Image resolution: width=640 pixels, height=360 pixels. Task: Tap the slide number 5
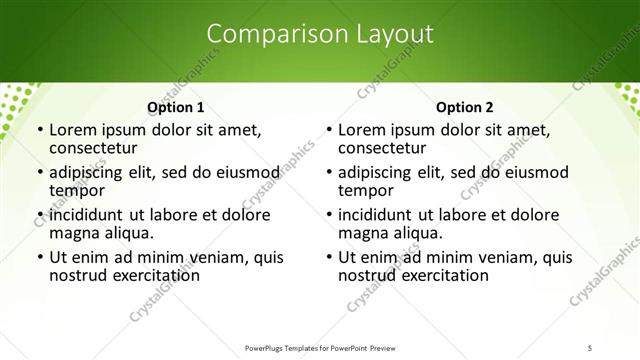(590, 348)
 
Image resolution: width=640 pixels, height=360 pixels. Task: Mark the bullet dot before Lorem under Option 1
(39, 131)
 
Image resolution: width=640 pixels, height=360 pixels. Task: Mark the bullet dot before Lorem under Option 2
(329, 131)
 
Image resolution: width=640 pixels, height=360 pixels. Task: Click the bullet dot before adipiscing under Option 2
(329, 173)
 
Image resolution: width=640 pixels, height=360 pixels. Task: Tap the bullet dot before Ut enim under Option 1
(39, 257)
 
